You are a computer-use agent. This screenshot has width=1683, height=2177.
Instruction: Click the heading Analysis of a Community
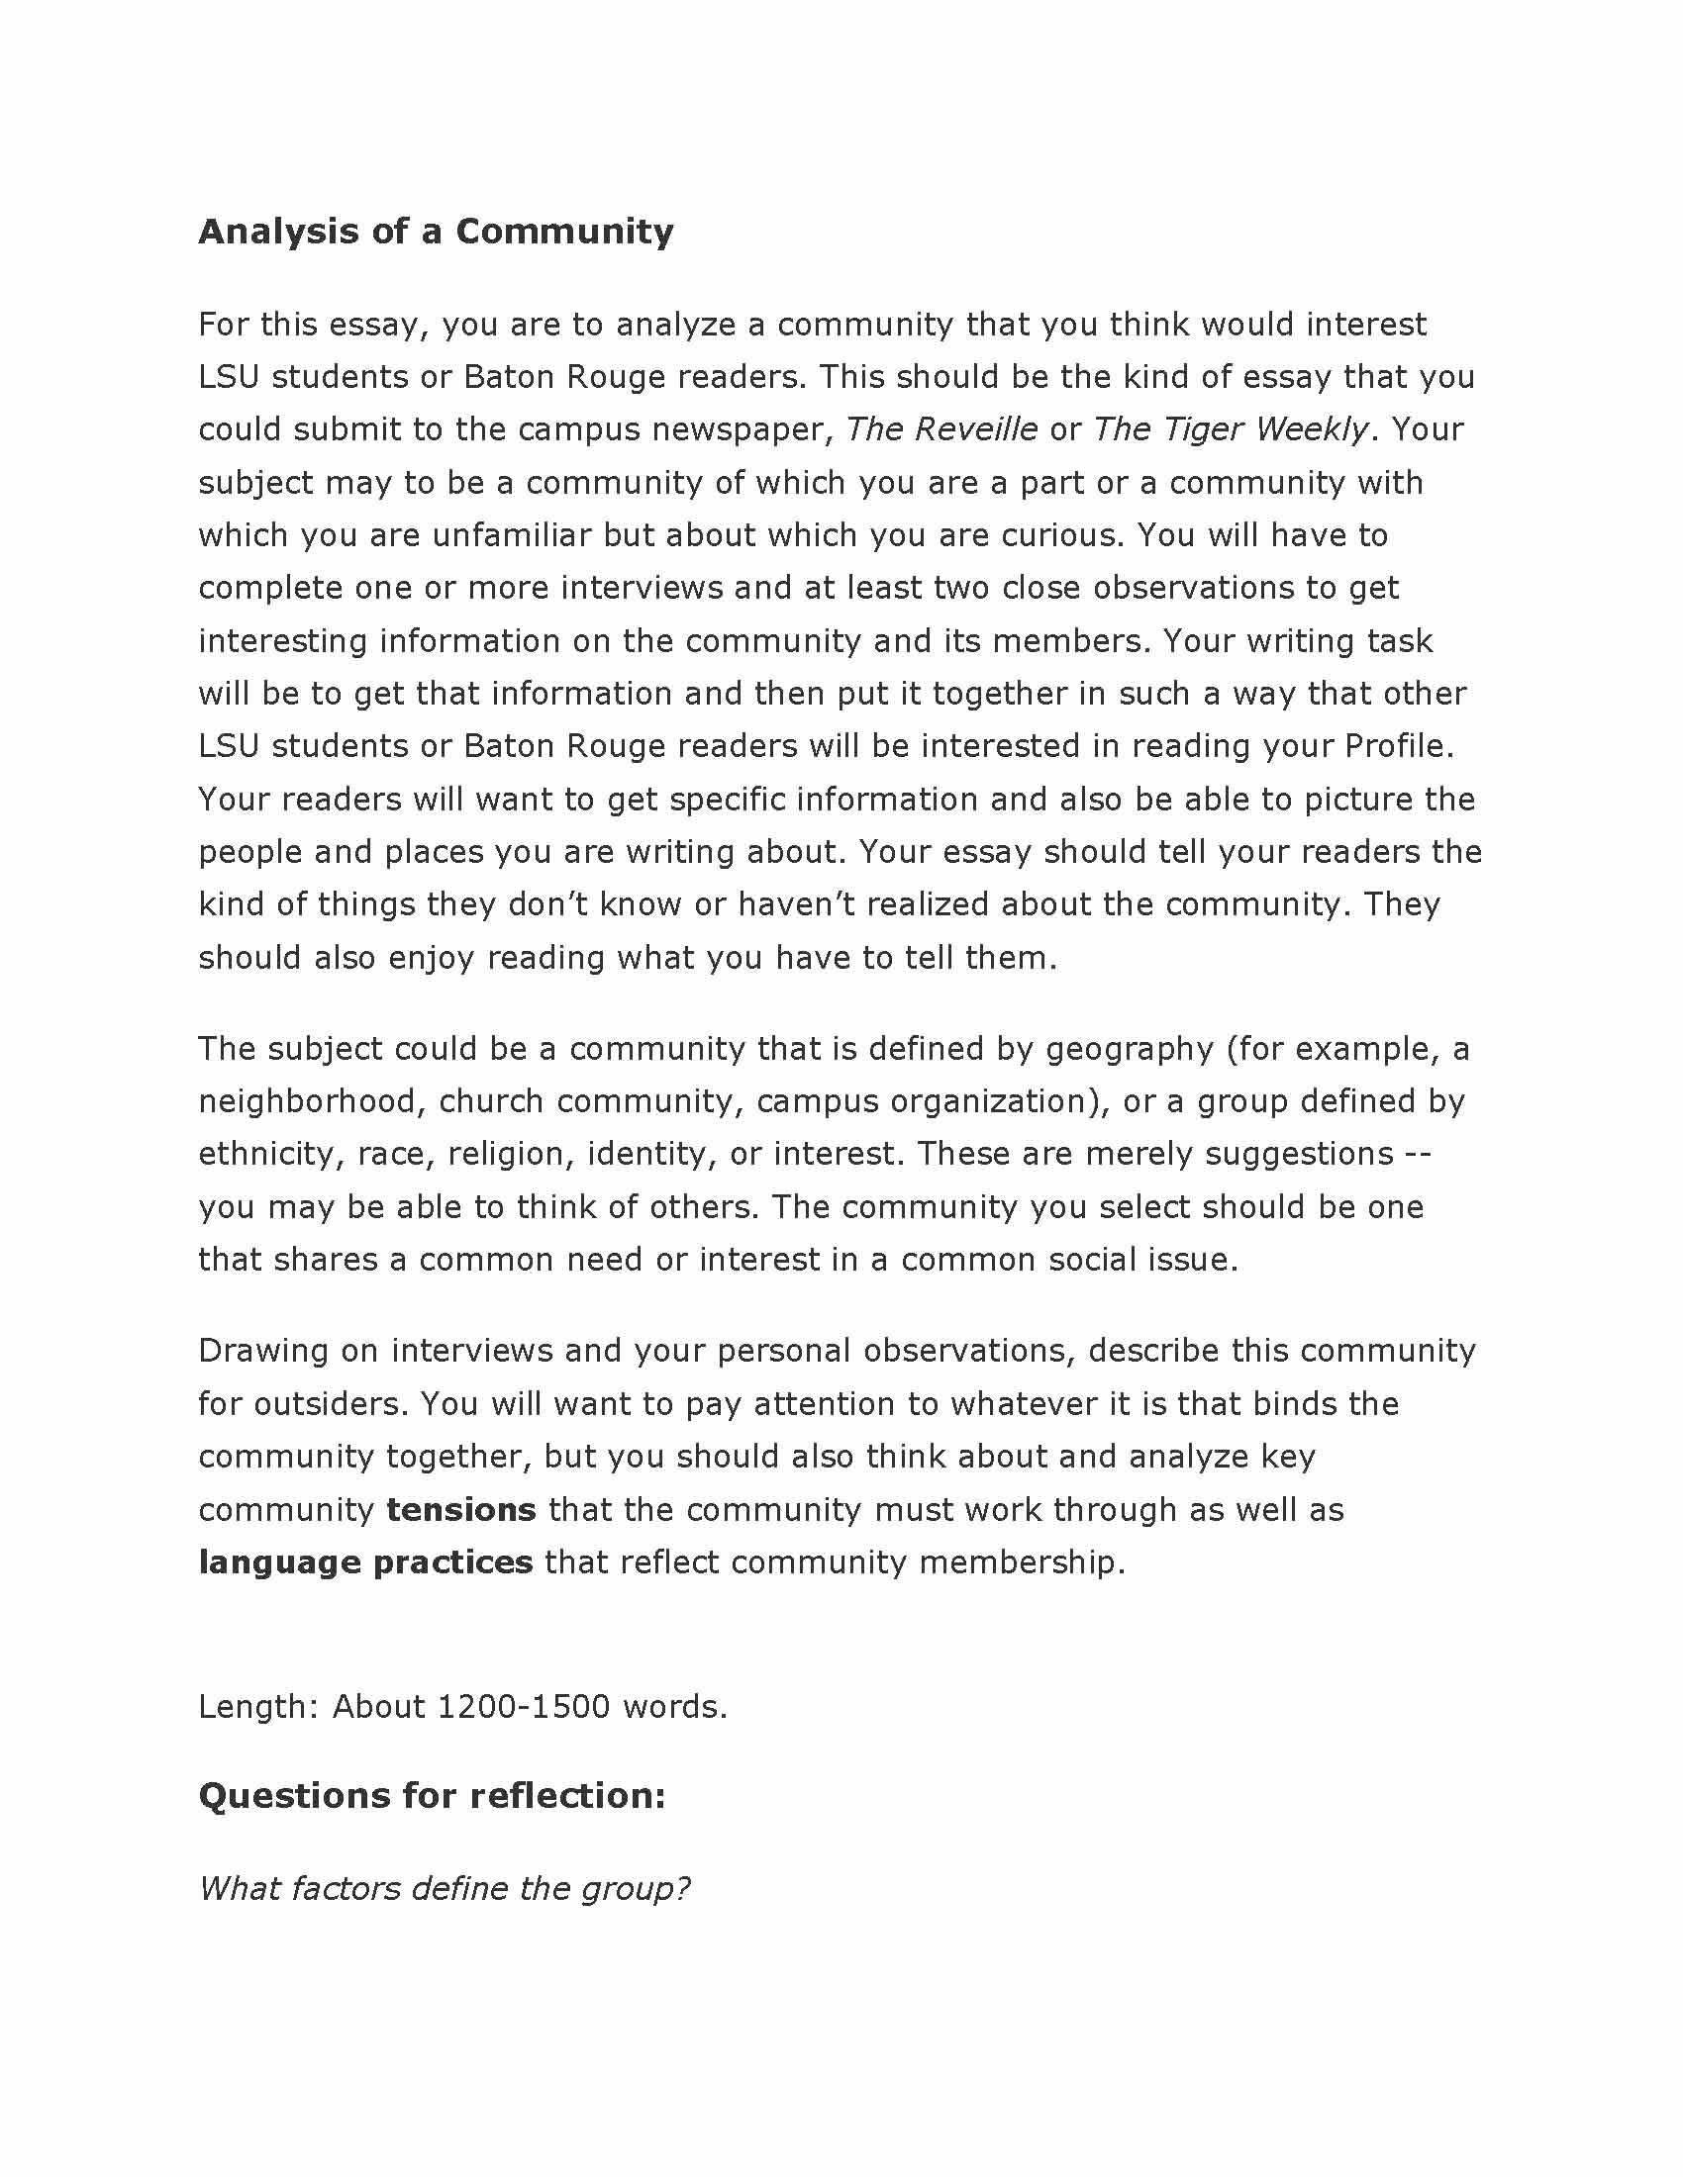coord(436,232)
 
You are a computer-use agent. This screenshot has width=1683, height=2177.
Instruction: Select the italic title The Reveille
coord(941,429)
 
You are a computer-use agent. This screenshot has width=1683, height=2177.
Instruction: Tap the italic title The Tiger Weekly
coord(1231,429)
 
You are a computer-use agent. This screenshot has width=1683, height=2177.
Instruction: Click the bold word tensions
coord(460,1509)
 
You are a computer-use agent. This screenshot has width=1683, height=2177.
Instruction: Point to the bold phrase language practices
coord(366,1562)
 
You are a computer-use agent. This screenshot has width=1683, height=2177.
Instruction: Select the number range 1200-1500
coord(524,1707)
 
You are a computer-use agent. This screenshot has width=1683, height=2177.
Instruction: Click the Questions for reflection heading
coord(432,1795)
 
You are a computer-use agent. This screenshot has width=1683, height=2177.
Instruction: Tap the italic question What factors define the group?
coord(444,1888)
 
